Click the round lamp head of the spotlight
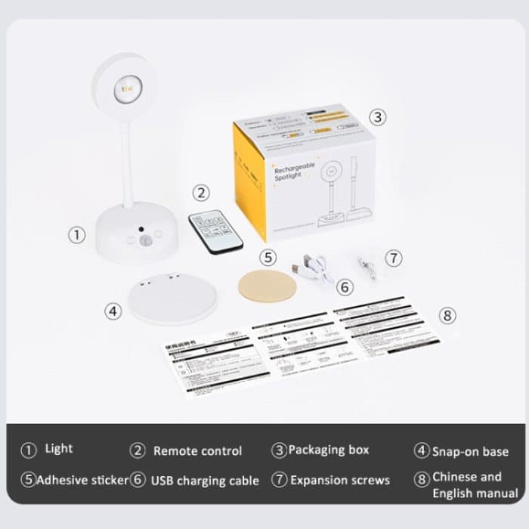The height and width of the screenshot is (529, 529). [124, 85]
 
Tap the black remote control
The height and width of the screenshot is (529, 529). [217, 231]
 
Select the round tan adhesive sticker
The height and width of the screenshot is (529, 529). [267, 286]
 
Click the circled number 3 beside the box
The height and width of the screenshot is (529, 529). [378, 117]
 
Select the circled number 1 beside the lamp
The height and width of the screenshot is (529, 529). [77, 235]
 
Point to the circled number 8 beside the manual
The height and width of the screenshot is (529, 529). [448, 316]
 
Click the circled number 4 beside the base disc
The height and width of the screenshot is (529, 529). [113, 311]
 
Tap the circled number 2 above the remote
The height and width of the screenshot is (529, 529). [200, 193]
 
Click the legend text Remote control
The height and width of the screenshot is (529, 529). [197, 451]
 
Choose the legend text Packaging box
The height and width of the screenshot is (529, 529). [329, 450]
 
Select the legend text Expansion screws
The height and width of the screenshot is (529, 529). [340, 480]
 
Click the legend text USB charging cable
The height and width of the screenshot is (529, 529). [205, 480]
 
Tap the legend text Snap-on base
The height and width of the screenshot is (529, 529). [470, 451]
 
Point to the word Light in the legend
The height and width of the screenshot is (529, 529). [59, 449]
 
